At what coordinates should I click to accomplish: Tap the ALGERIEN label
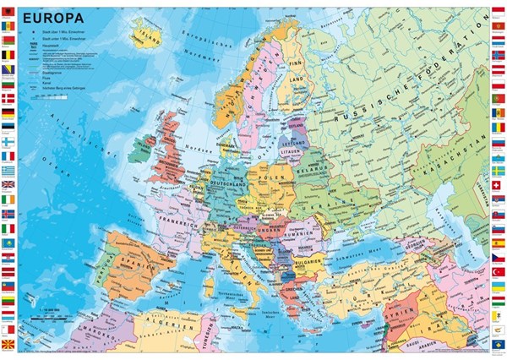click(165, 324)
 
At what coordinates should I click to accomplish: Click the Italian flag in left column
click(8, 228)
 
